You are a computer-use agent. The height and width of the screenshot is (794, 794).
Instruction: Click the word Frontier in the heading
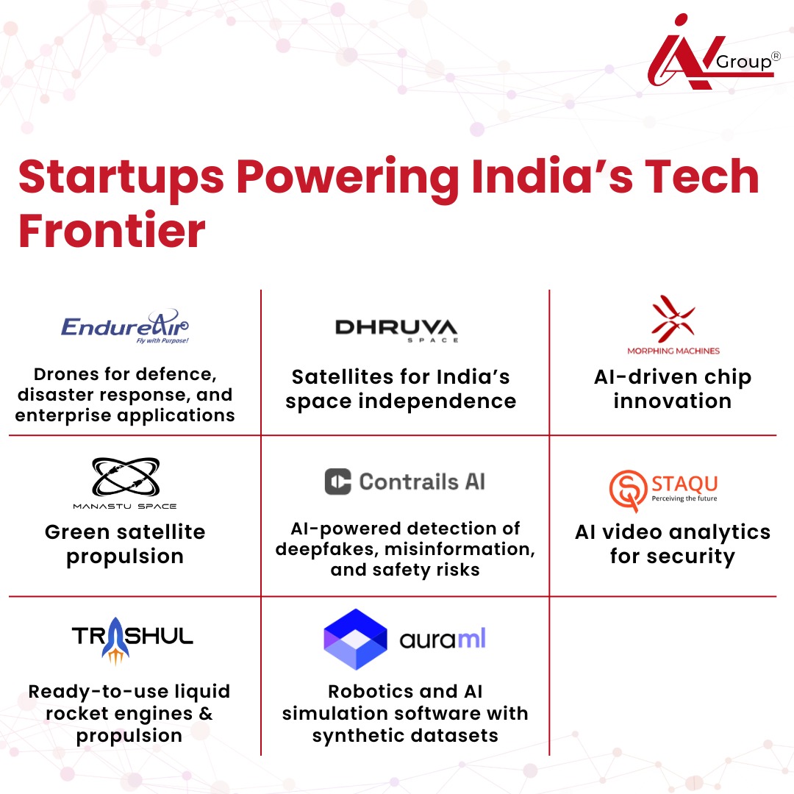point(112,232)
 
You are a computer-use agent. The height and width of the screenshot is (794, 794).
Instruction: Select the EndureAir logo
point(125,326)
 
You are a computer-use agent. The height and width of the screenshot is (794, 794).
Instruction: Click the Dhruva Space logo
point(396,329)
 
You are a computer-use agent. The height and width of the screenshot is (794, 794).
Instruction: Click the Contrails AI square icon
point(338,482)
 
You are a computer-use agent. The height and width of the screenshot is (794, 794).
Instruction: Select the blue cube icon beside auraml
point(355,639)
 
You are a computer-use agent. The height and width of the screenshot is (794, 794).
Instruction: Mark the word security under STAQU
point(690,556)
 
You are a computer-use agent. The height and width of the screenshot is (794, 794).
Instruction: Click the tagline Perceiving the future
point(684,498)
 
